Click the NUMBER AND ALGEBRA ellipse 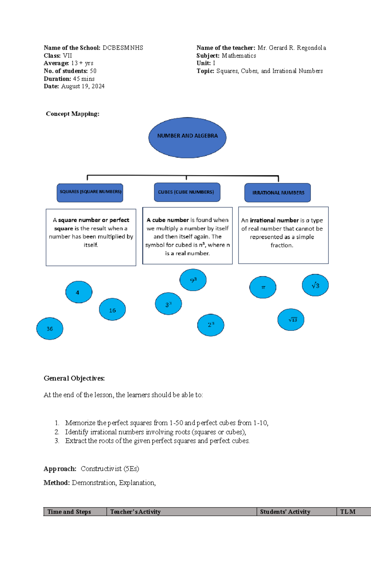pos(187,137)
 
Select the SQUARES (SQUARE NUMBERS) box pos(90,193)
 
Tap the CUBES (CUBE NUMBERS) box pos(187,192)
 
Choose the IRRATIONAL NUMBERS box pos(278,193)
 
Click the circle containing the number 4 pos(79,292)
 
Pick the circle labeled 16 pos(112,310)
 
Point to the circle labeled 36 pos(50,328)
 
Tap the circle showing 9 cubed pos(193,280)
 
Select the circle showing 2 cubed pos(211,325)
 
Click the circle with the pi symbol pos(263,287)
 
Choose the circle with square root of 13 pos(291,319)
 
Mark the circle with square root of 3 pos(315,285)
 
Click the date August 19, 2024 pos(83,86)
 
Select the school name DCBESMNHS pos(123,48)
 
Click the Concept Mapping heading pos(73,114)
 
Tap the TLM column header pos(348,512)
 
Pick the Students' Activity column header pos(285,512)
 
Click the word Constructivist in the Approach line pos(101,469)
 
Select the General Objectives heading pos(74,378)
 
